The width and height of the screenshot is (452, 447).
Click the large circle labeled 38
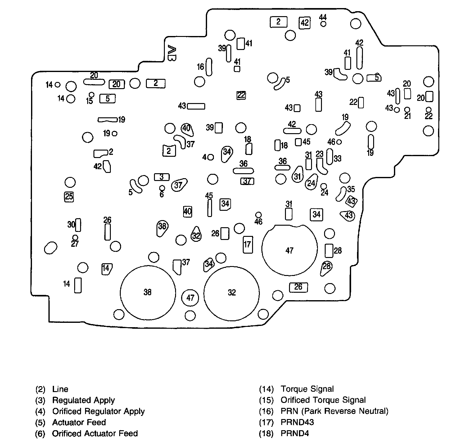pyautogui.click(x=147, y=292)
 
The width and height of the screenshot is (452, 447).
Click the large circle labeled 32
pyautogui.click(x=232, y=292)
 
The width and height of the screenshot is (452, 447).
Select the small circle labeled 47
pyautogui.click(x=190, y=298)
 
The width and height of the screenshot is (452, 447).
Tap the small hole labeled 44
pyautogui.click(x=323, y=24)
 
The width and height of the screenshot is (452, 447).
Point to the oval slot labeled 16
pyautogui.click(x=209, y=66)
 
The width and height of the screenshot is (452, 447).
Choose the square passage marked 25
pyautogui.click(x=69, y=196)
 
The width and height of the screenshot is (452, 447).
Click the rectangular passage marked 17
pyautogui.click(x=247, y=244)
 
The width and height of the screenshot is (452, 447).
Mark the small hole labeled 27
pyautogui.click(x=75, y=238)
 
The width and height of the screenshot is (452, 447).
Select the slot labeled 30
pyautogui.click(x=78, y=225)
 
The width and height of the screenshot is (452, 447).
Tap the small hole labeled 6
pyautogui.click(x=162, y=188)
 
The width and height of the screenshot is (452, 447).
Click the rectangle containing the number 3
pyautogui.click(x=162, y=177)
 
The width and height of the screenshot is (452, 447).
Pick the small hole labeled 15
pyautogui.click(x=92, y=94)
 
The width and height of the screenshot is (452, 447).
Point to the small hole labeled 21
pyautogui.click(x=407, y=110)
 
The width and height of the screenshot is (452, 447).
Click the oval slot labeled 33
pyautogui.click(x=330, y=156)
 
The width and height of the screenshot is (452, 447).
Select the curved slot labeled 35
pyautogui.click(x=341, y=194)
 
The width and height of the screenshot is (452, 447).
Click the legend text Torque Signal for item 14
pyautogui.click(x=307, y=389)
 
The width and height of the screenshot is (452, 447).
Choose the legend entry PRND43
pyautogui.click(x=297, y=422)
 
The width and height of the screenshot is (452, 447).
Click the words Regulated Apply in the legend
pyautogui.click(x=83, y=400)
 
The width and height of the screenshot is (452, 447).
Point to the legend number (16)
pyautogui.click(x=266, y=411)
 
